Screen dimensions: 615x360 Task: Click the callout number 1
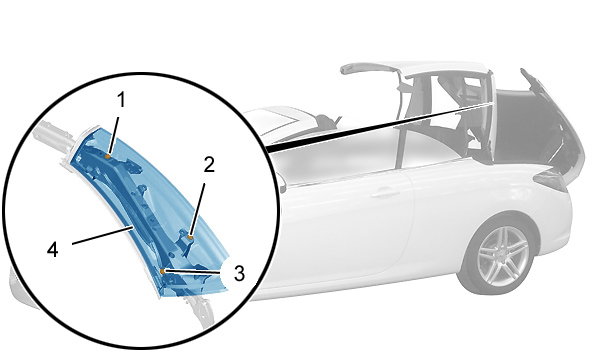122,100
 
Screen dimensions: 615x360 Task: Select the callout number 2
209,165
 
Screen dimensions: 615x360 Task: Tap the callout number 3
239,273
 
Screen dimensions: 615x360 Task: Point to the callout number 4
53,249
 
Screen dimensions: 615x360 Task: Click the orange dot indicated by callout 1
107,156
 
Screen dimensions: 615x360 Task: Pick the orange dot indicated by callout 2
190,237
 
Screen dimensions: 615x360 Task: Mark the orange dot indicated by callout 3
162,271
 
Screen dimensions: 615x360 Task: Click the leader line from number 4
101,235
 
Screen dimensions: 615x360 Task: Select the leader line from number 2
197,210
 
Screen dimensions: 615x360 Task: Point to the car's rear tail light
551,180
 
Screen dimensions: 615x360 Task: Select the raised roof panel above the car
416,71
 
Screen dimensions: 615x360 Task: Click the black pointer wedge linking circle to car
377,126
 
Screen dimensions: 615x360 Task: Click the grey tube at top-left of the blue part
53,133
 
